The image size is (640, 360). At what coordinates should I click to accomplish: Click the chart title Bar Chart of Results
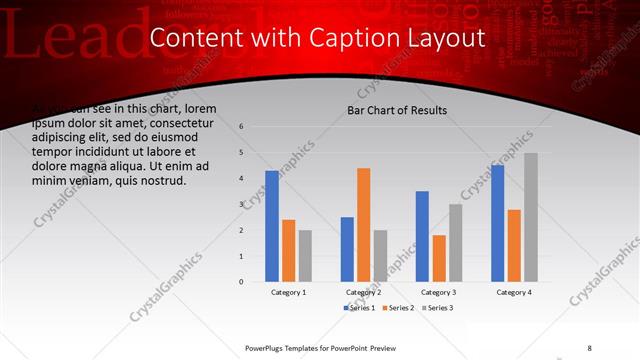(397, 110)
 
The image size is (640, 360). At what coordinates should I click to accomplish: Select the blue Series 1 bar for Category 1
(272, 226)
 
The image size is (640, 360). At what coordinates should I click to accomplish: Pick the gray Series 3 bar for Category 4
(531, 217)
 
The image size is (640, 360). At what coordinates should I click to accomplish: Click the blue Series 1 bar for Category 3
(422, 236)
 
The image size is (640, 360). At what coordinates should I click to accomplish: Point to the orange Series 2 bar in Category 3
(439, 258)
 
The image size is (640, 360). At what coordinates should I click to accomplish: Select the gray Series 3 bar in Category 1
(305, 255)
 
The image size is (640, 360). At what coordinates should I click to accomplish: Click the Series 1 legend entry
(360, 308)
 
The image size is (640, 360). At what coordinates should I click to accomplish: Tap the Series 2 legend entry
(400, 308)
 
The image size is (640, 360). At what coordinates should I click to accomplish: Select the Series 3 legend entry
(438, 308)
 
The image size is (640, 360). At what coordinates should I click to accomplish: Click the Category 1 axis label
(289, 292)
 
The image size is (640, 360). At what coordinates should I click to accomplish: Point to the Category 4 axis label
(514, 292)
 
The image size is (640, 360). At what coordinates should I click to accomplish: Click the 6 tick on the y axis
(241, 127)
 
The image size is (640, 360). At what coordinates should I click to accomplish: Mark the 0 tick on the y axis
(241, 282)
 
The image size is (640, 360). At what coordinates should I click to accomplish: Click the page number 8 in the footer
(589, 347)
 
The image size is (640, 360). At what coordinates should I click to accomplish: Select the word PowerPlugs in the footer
(268, 347)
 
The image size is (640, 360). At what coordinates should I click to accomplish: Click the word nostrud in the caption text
(162, 181)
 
